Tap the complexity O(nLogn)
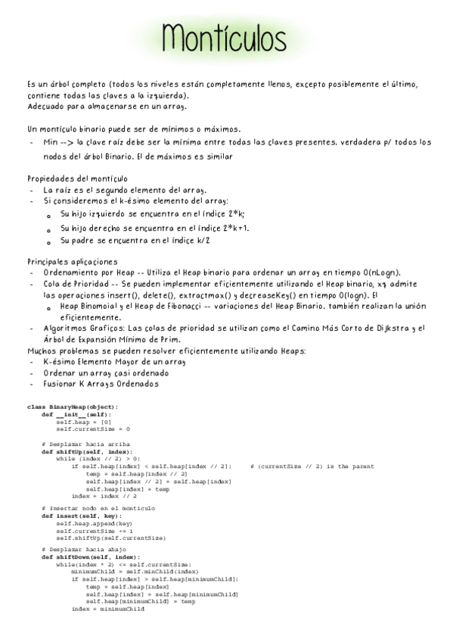point(380,272)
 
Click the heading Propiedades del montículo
point(77,178)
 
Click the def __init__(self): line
point(76,414)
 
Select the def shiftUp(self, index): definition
point(87,451)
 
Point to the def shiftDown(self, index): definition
point(92,556)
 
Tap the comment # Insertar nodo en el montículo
point(98,509)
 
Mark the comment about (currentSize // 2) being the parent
point(312,466)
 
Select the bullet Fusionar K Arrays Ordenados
point(101,384)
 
